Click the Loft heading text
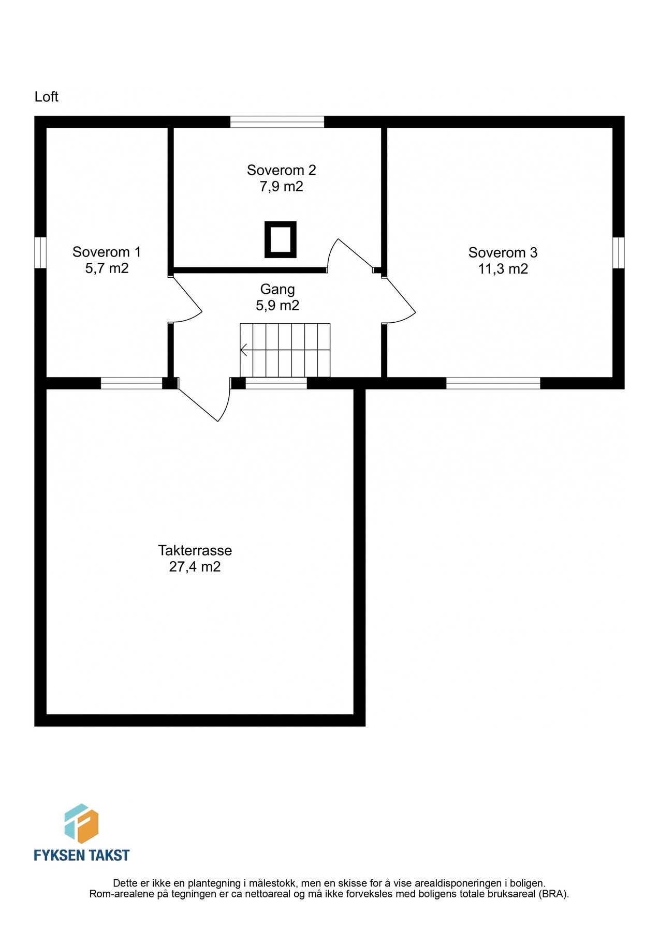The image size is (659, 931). point(46,97)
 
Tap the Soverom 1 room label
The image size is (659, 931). point(107,252)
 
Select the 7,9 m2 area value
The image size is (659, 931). point(281,187)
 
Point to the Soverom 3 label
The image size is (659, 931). point(503,252)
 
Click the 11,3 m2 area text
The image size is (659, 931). point(503,269)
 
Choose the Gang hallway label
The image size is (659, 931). point(277,289)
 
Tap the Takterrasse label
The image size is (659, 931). point(195,550)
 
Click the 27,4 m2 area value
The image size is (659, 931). point(195,567)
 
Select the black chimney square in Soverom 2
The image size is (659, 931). point(281,239)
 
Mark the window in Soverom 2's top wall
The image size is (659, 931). point(277,122)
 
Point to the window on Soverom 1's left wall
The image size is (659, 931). point(40,253)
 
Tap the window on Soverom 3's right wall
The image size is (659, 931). point(618,253)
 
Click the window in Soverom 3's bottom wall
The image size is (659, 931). point(493,383)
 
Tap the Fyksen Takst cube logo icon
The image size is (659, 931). point(81,823)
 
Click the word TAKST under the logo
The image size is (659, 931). point(108,855)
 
